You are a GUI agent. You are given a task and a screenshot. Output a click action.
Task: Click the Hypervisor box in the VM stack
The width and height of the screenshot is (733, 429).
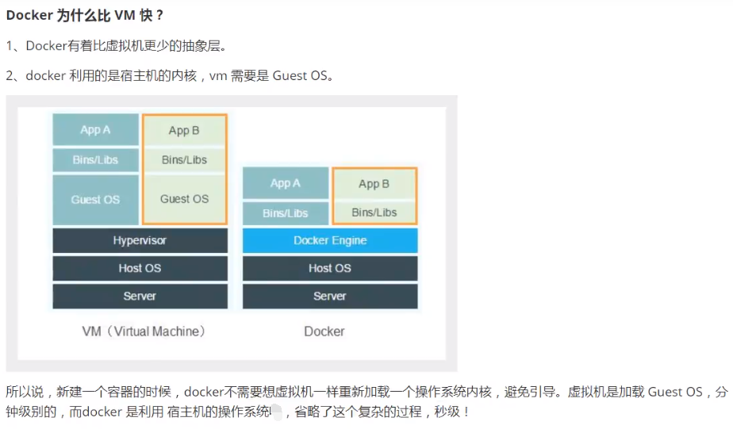coord(140,240)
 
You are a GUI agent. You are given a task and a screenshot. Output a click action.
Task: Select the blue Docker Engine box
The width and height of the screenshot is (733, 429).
coord(330,240)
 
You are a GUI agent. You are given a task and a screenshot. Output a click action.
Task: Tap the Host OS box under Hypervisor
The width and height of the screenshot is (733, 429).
coord(140,268)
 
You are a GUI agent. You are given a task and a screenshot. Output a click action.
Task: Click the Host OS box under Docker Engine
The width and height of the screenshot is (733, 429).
coord(330,268)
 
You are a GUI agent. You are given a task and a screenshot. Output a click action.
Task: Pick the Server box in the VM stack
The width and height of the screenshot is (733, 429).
coord(140,296)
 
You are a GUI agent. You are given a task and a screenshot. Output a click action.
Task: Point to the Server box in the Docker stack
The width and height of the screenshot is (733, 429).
coord(330,296)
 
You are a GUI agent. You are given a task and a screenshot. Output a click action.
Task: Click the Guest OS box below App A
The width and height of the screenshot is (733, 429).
coord(95,199)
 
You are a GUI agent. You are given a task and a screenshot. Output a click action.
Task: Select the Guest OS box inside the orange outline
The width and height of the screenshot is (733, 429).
coord(184,199)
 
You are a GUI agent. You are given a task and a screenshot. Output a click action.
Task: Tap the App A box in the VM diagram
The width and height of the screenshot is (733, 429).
coord(95,130)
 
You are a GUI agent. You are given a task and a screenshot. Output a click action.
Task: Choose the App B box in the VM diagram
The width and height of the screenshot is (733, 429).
coord(184,131)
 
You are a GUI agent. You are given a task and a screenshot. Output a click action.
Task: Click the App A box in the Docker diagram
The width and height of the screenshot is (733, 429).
coord(286,183)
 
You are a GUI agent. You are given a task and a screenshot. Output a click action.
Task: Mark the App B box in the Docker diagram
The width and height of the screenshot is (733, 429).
coord(374,184)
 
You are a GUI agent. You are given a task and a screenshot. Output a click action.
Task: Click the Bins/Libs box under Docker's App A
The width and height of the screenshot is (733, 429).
coord(286,213)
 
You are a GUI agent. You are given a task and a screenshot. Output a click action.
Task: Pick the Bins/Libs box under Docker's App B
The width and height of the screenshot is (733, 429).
coord(374,213)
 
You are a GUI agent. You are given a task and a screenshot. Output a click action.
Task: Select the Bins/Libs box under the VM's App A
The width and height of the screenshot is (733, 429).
coord(95,159)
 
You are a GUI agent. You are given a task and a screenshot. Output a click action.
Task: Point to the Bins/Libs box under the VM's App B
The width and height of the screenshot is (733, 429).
coord(184,159)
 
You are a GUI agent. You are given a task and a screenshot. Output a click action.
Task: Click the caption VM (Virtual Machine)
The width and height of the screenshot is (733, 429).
coord(144,331)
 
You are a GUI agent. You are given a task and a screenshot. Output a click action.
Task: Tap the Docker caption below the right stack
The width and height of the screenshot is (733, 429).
coord(324,331)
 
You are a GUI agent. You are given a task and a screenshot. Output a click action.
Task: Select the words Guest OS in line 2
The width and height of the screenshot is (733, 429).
coord(302,76)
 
